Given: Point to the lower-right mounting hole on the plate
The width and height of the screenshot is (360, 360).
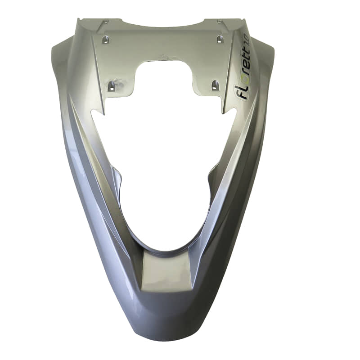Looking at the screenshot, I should point(215,84).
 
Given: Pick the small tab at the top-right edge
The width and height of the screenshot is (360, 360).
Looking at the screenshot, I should point(220,21).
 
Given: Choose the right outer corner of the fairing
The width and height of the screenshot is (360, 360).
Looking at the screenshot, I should point(273,49).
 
